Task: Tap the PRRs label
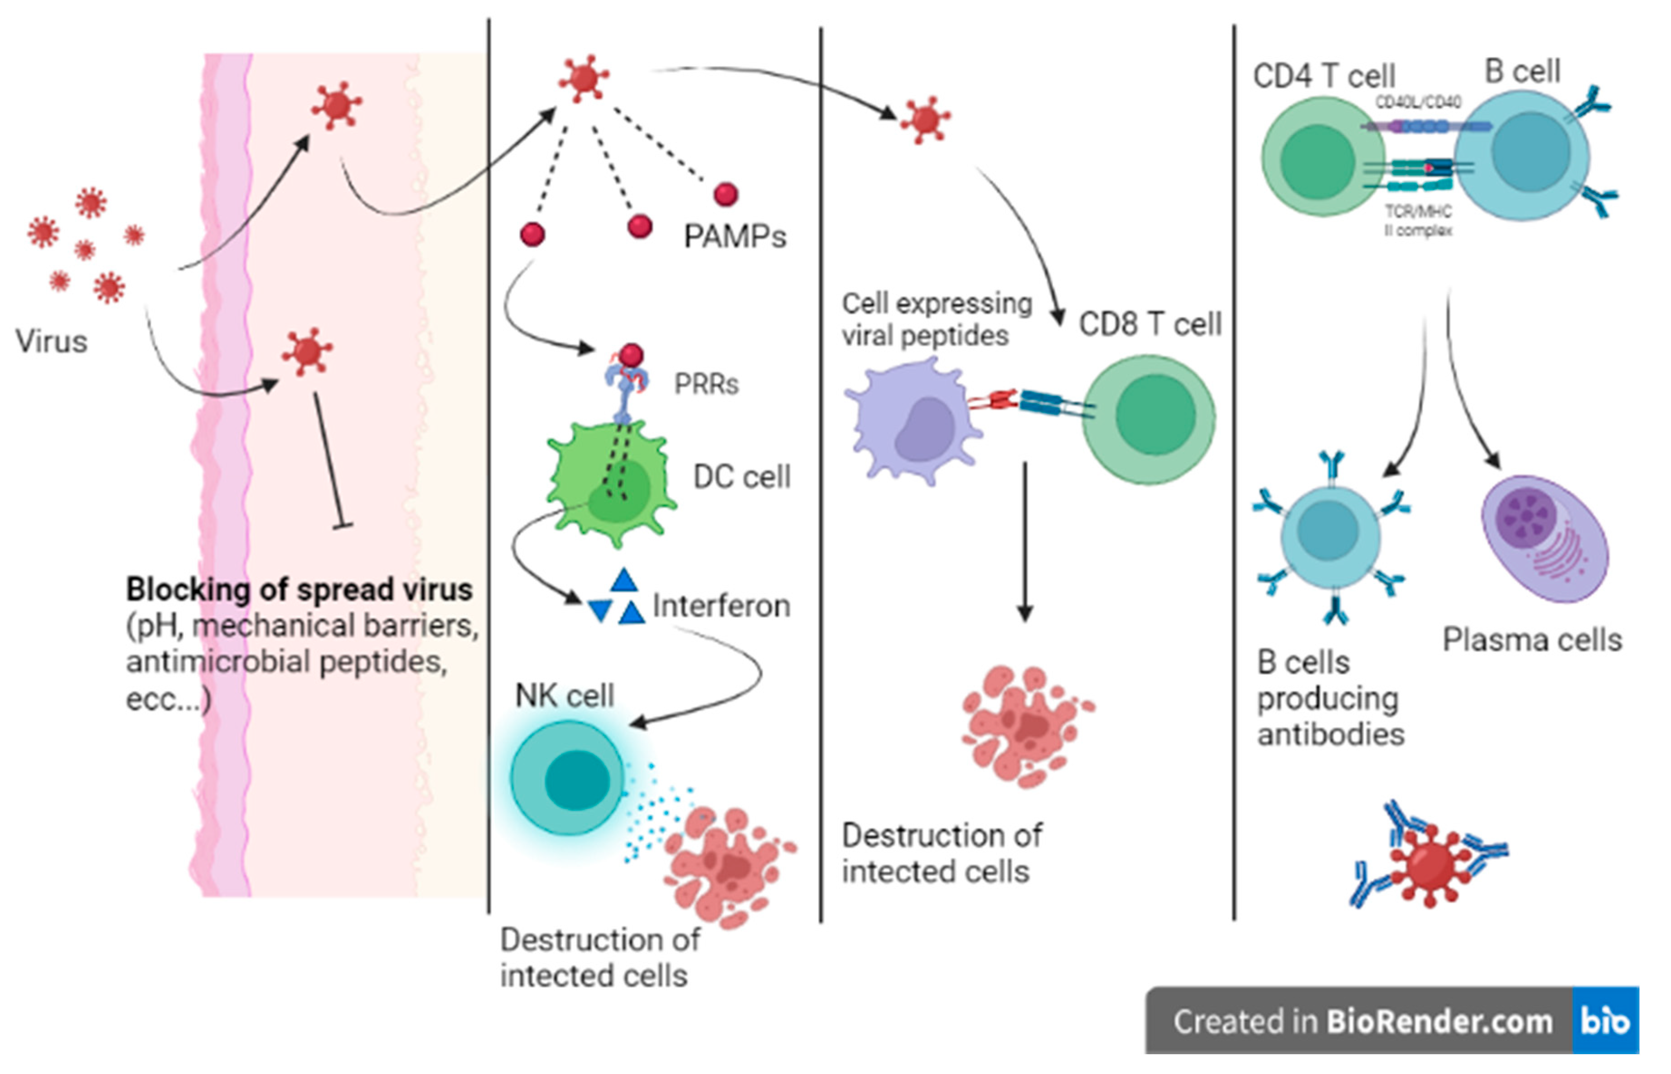[x=706, y=384]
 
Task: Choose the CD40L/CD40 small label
[x=1418, y=102]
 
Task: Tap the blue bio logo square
[x=1605, y=1020]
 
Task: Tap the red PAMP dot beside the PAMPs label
[x=725, y=195]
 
